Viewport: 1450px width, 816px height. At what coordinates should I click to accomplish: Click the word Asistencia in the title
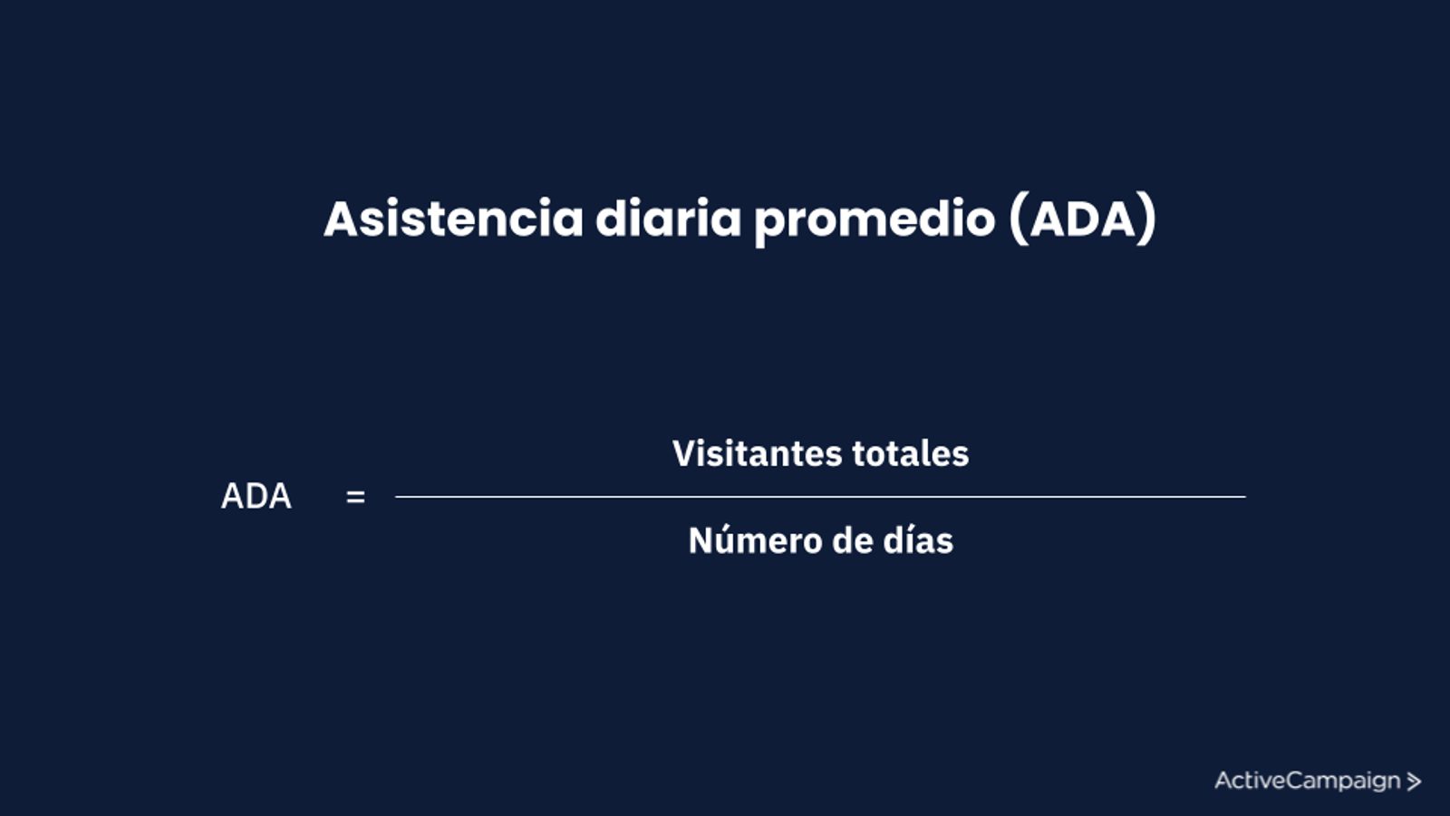point(454,219)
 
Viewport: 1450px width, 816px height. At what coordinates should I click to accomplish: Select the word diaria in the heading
point(668,219)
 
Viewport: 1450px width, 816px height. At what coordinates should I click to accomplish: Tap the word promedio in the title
point(875,221)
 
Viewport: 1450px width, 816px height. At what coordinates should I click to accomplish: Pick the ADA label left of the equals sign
point(256,496)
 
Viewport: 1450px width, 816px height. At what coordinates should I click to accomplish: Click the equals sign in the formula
point(355,498)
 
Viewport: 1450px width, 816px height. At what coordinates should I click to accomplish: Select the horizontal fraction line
point(820,497)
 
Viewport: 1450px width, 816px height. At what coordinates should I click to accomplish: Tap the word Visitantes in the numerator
point(758,452)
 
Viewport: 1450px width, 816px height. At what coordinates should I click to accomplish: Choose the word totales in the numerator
point(911,452)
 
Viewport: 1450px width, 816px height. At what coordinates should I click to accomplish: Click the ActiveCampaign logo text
point(1308,781)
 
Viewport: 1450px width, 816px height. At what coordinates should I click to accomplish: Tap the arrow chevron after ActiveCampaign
point(1414,782)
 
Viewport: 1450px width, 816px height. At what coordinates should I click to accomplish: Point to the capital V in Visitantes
point(684,452)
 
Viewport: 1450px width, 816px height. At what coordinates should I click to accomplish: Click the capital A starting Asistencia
point(340,219)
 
